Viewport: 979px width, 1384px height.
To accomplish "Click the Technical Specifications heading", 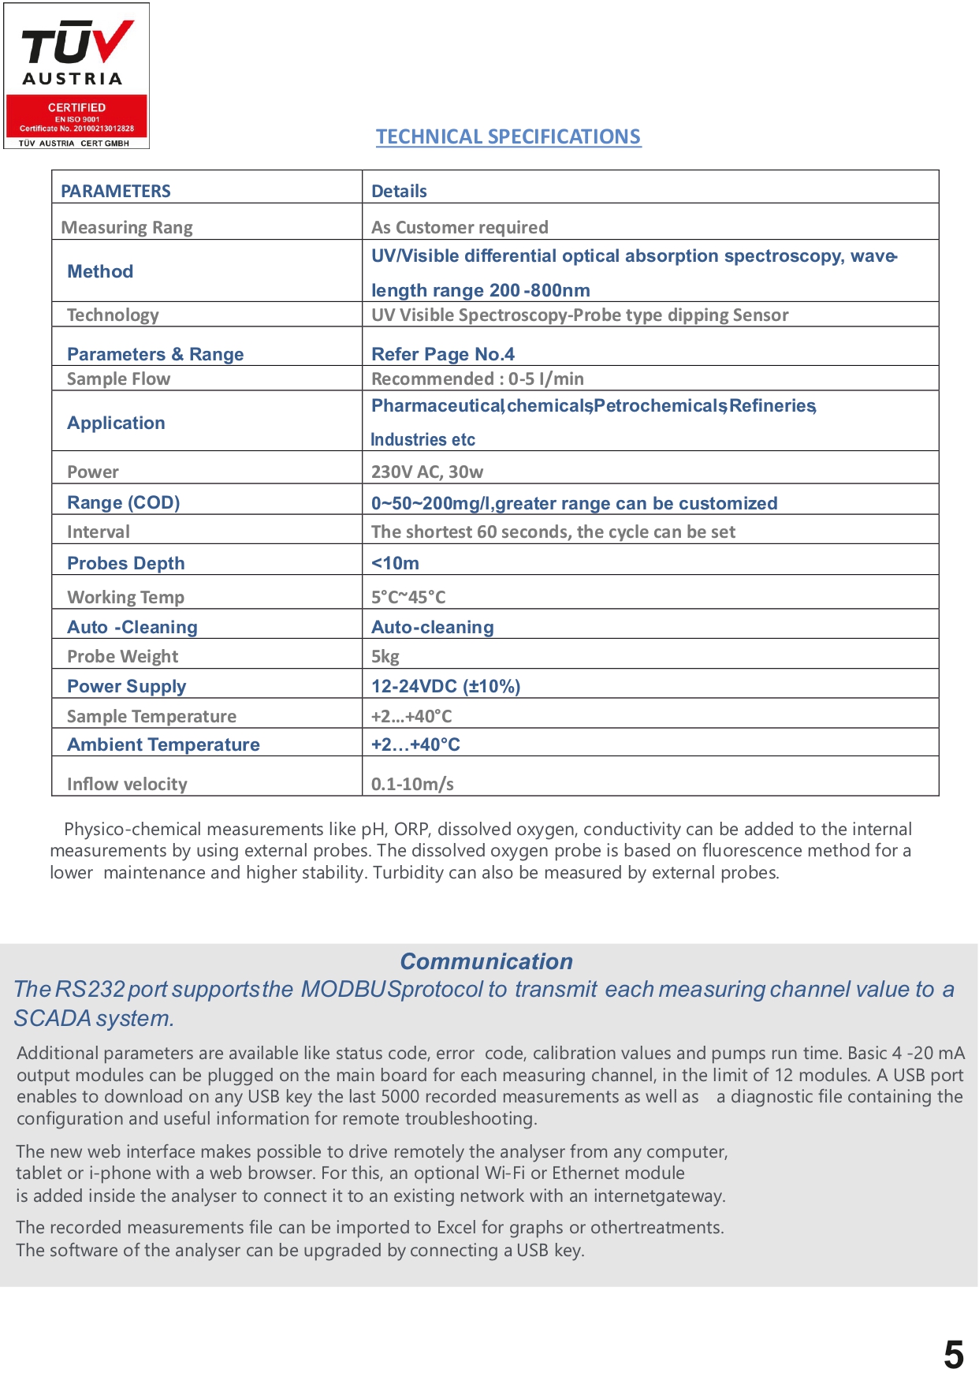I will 508,136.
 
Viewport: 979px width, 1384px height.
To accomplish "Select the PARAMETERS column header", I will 116,191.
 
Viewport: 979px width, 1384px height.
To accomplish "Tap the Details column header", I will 399,191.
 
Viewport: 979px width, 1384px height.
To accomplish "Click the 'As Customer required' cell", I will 460,227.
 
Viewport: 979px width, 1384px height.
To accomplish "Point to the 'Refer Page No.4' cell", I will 442,354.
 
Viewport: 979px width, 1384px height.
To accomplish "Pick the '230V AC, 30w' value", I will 427,472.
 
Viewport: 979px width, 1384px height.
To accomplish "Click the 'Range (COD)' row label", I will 124,502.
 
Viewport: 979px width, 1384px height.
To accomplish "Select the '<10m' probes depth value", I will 395,563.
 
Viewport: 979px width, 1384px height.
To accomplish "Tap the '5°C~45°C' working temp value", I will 408,597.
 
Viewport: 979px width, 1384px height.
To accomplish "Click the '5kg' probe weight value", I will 385,656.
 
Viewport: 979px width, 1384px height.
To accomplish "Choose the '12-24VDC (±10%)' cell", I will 445,686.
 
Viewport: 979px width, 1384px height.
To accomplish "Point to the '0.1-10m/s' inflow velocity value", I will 412,784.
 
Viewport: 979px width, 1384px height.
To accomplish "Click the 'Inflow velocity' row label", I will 127,784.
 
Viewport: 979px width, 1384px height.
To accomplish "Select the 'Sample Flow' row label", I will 118,379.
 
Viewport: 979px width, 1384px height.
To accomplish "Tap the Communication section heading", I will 486,961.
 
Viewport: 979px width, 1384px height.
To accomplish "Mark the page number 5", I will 954,1355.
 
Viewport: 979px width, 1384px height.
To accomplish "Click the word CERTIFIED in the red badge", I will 76,107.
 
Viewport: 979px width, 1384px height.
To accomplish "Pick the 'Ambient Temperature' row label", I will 163,744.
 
